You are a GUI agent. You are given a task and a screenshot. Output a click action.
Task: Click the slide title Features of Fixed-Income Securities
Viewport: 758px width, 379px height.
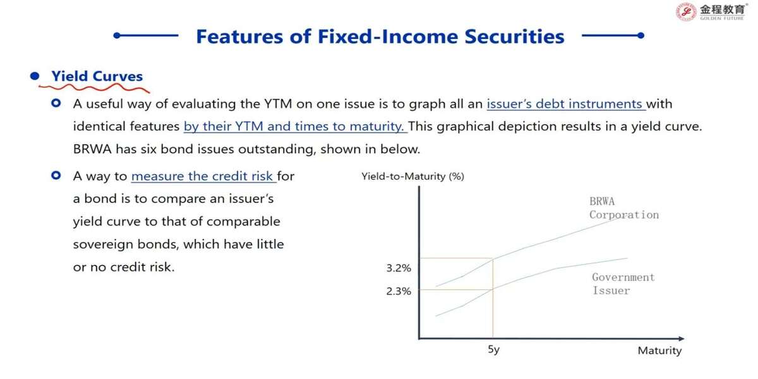click(x=380, y=37)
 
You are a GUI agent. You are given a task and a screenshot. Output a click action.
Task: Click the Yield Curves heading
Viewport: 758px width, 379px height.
click(x=97, y=76)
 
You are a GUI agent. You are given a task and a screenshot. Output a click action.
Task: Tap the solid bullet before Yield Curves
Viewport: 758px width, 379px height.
click(x=35, y=76)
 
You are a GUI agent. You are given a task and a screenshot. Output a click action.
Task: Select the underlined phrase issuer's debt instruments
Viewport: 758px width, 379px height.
click(x=565, y=104)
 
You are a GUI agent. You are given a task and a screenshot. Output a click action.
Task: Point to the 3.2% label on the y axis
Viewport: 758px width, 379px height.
click(x=399, y=268)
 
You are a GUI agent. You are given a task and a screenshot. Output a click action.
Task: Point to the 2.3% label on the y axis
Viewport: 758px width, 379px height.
click(x=399, y=291)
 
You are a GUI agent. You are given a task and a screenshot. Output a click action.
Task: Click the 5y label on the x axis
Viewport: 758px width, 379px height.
click(x=494, y=349)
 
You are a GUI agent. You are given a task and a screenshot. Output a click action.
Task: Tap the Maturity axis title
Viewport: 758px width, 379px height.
click(x=659, y=351)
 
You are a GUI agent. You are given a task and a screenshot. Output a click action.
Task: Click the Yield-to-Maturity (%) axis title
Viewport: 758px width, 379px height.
click(x=413, y=176)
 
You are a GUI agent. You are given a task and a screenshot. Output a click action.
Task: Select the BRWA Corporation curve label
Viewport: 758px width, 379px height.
click(x=624, y=208)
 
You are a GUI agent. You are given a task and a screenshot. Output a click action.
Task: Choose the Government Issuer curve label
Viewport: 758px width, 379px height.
click(x=623, y=284)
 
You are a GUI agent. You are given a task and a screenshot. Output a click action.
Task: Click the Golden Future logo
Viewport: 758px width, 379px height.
click(x=711, y=12)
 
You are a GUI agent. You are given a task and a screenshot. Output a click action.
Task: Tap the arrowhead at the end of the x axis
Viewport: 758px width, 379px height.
click(x=681, y=339)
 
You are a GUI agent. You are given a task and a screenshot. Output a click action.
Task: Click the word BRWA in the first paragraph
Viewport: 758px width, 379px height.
click(x=92, y=149)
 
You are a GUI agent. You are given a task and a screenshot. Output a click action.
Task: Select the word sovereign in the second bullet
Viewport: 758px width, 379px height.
click(x=103, y=244)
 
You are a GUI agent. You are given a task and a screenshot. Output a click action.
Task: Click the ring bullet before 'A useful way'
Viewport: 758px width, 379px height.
click(x=56, y=103)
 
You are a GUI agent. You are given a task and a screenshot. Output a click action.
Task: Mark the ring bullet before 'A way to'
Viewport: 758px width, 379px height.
click(x=56, y=176)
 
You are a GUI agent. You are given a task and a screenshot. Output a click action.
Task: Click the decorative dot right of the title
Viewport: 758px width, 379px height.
click(x=641, y=35)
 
